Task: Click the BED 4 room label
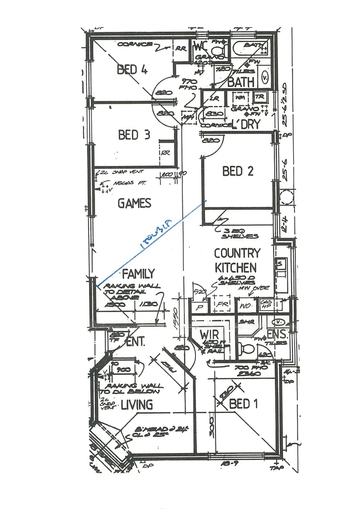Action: (132, 70)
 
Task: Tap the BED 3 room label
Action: (134, 135)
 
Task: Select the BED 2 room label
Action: (237, 171)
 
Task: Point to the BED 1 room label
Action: (244, 404)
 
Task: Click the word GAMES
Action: (134, 203)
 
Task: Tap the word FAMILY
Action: (138, 273)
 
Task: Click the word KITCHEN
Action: (236, 267)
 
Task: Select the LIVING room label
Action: (136, 404)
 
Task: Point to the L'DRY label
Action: (246, 124)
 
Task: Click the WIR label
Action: (208, 334)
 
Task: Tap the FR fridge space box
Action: (221, 304)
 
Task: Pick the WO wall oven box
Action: (244, 305)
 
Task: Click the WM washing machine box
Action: (240, 98)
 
